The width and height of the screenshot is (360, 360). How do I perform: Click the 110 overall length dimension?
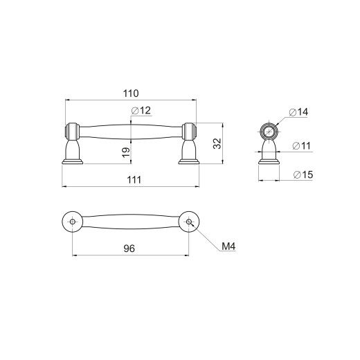point(131,93)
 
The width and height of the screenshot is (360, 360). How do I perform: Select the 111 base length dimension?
point(134,180)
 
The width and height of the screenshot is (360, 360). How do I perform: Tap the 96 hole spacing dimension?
point(129,249)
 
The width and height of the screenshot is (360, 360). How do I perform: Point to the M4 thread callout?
point(228,246)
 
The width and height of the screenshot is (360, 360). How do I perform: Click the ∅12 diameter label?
point(141,111)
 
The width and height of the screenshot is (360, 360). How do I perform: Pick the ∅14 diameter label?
point(298,112)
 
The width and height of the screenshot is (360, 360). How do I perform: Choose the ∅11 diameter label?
point(301,146)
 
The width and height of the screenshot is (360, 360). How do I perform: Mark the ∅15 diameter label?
point(303,174)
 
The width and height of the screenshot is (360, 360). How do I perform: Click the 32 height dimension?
point(217,143)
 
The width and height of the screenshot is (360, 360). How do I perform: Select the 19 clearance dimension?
point(126,152)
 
